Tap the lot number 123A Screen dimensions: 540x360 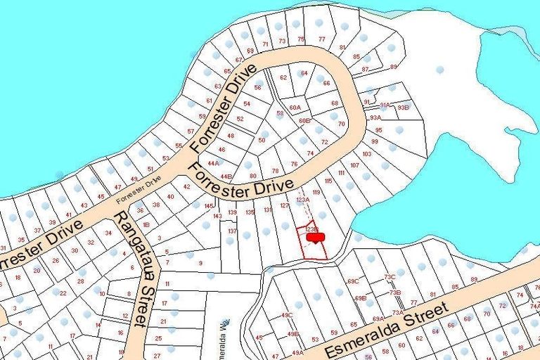click(x=302, y=200)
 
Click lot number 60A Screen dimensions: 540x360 click(x=295, y=108)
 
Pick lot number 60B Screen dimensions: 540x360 click(x=304, y=121)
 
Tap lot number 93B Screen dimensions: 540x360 click(x=402, y=108)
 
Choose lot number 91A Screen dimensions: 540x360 click(x=385, y=105)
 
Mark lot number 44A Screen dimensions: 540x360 click(x=212, y=162)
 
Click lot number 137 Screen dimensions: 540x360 click(x=232, y=231)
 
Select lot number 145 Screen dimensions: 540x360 click(x=208, y=205)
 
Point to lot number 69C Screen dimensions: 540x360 click(x=353, y=281)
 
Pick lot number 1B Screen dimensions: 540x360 click(x=146, y=225)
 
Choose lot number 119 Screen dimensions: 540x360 click(x=316, y=192)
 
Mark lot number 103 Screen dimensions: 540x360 click(x=366, y=153)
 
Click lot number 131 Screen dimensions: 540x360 click(x=268, y=210)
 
